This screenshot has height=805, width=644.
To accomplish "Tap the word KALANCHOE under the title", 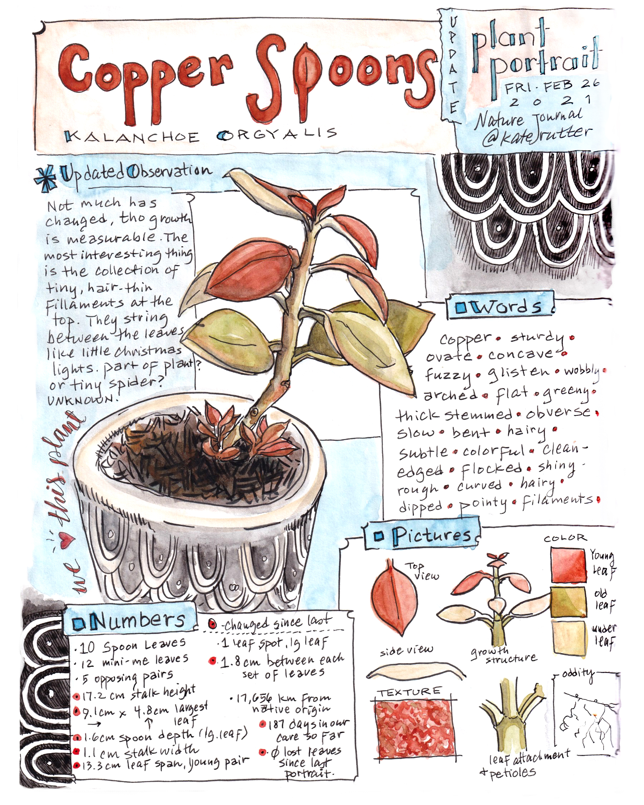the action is click(131, 136).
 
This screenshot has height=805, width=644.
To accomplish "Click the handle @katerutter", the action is click(537, 135).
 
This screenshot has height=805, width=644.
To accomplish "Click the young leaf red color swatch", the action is click(568, 565).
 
